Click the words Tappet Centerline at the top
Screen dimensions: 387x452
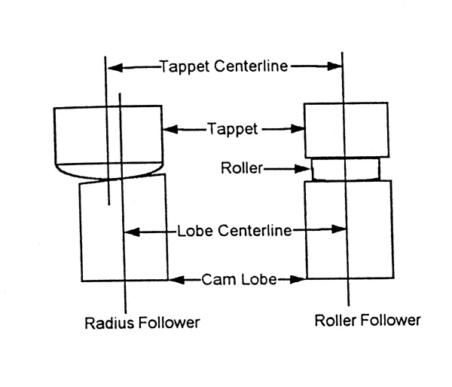(x=224, y=66)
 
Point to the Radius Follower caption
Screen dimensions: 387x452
(x=142, y=323)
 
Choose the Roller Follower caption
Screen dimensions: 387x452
(x=367, y=321)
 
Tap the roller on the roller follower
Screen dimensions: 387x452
(x=347, y=169)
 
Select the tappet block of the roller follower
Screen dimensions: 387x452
(x=347, y=129)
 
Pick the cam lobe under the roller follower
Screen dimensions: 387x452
(x=347, y=230)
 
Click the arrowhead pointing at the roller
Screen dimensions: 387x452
(x=304, y=169)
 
